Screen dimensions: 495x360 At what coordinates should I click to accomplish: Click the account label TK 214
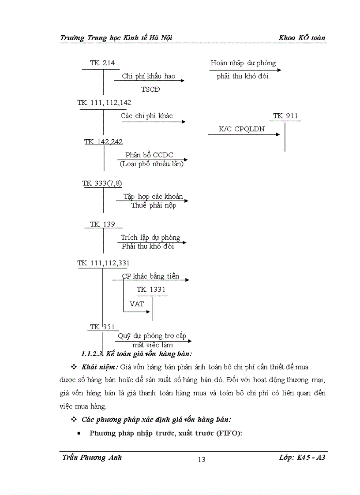coord(102,63)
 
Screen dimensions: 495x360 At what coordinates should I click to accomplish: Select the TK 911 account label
coord(285,116)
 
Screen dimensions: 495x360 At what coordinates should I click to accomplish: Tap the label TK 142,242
coord(104,141)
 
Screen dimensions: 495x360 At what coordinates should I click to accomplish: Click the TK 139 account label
coord(102,224)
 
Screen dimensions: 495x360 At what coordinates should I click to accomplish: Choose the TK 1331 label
coord(151,290)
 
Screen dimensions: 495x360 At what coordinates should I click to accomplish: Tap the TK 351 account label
coord(102,327)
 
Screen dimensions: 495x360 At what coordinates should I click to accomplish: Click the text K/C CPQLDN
coord(242,129)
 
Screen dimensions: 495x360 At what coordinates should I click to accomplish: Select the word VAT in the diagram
coord(136,304)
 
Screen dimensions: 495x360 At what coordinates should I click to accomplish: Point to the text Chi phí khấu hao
coord(148,76)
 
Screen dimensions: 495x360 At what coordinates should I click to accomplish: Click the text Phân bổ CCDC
coord(149,155)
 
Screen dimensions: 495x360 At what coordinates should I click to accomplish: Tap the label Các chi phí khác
coord(146,116)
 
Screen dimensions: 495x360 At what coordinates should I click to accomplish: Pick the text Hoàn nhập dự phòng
coord(243,63)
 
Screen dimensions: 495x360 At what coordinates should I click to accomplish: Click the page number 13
coord(202,460)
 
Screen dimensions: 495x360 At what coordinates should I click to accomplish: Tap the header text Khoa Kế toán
coord(302,38)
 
